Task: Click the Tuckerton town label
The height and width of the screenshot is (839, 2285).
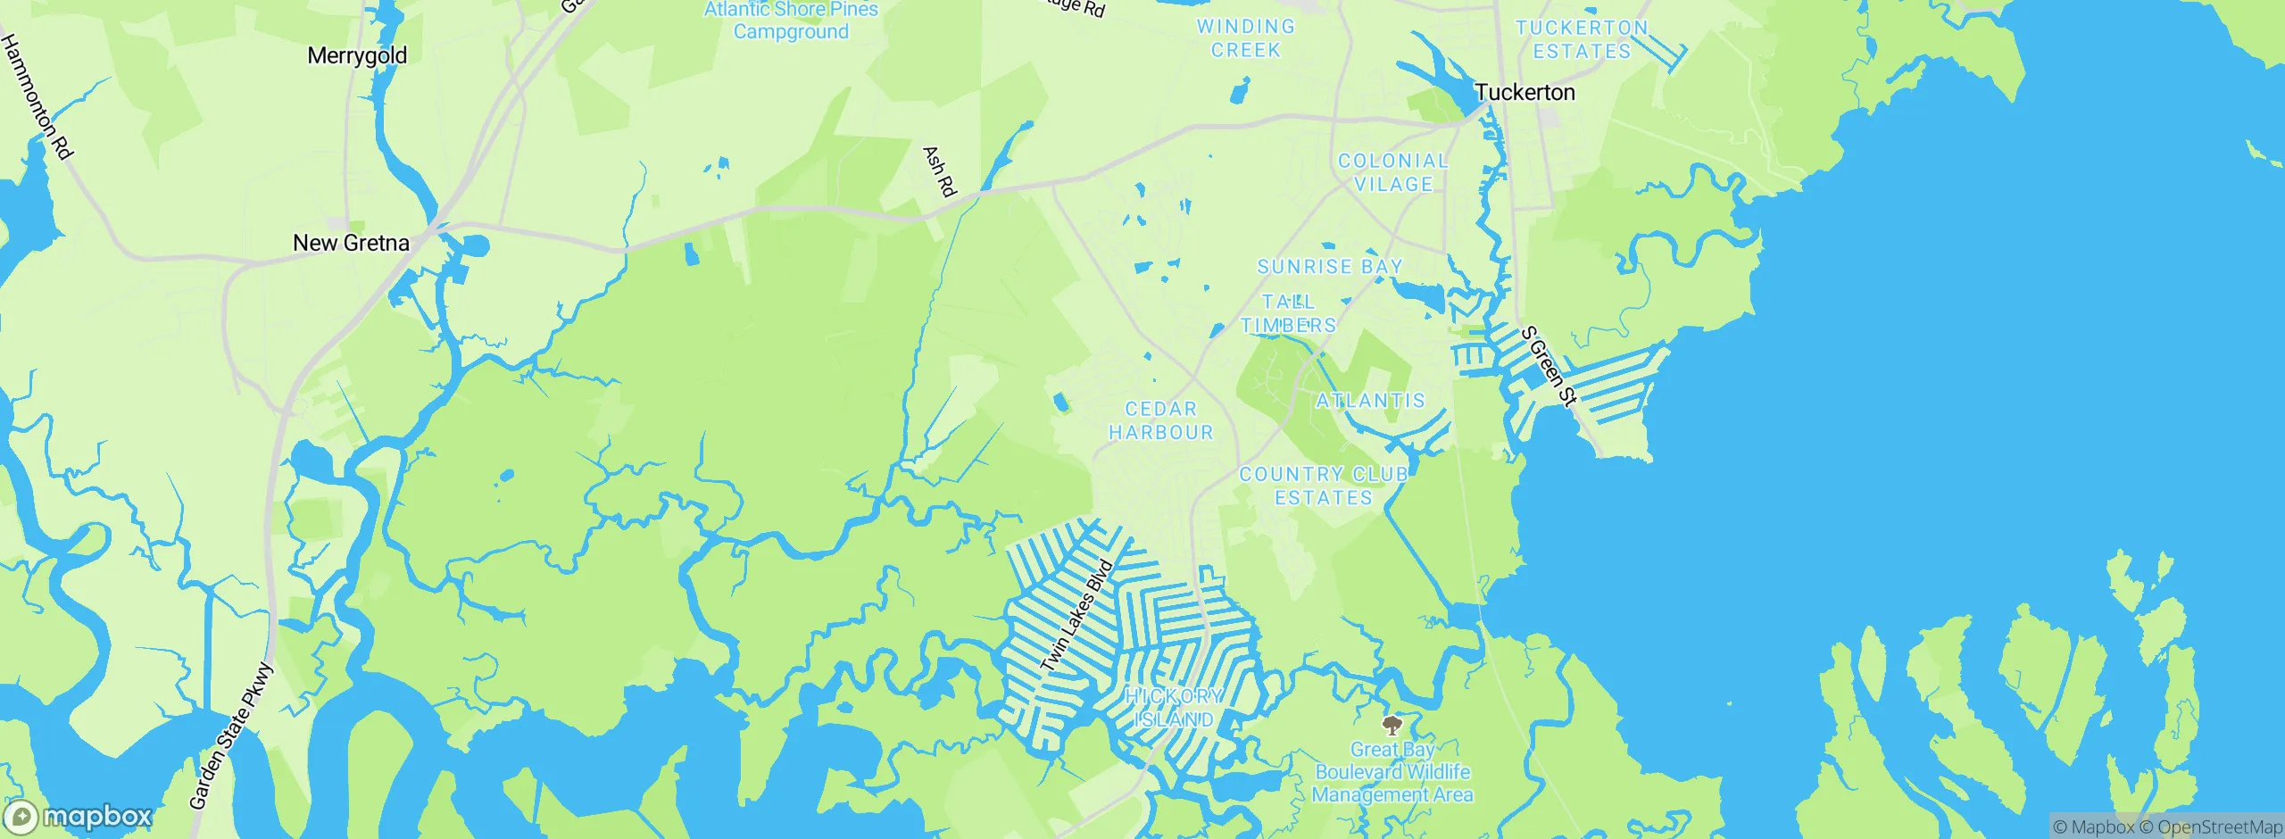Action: pyautogui.click(x=1525, y=92)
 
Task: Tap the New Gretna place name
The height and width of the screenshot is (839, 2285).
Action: pyautogui.click(x=351, y=243)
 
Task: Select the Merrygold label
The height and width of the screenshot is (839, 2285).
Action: pyautogui.click(x=357, y=55)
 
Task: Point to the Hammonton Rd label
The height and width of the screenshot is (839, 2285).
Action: pyautogui.click(x=36, y=96)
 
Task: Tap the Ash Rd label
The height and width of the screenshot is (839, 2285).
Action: pyautogui.click(x=939, y=171)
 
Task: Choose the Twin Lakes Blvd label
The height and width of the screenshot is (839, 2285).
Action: pyautogui.click(x=1077, y=616)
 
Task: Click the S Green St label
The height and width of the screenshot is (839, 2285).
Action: pyautogui.click(x=1549, y=366)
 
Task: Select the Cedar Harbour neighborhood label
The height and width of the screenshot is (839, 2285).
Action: pyautogui.click(x=1160, y=420)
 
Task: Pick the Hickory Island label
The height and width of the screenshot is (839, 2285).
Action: pyautogui.click(x=1174, y=708)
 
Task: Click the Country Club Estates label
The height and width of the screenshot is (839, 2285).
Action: pyautogui.click(x=1324, y=486)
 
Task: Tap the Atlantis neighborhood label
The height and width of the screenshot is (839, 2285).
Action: pyautogui.click(x=1371, y=401)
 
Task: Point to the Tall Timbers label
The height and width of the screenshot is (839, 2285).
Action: pyautogui.click(x=1288, y=313)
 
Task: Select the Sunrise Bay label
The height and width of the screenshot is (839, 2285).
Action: pyautogui.click(x=1330, y=266)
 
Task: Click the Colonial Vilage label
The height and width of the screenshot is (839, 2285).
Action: pyautogui.click(x=1392, y=172)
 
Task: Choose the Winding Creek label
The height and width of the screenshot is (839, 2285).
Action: pyautogui.click(x=1245, y=38)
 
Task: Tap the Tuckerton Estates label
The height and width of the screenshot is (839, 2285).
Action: pyautogui.click(x=1582, y=39)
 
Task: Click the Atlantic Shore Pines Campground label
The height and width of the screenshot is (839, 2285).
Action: pyautogui.click(x=791, y=21)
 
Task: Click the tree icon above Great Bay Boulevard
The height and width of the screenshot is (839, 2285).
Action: pyautogui.click(x=1392, y=724)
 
